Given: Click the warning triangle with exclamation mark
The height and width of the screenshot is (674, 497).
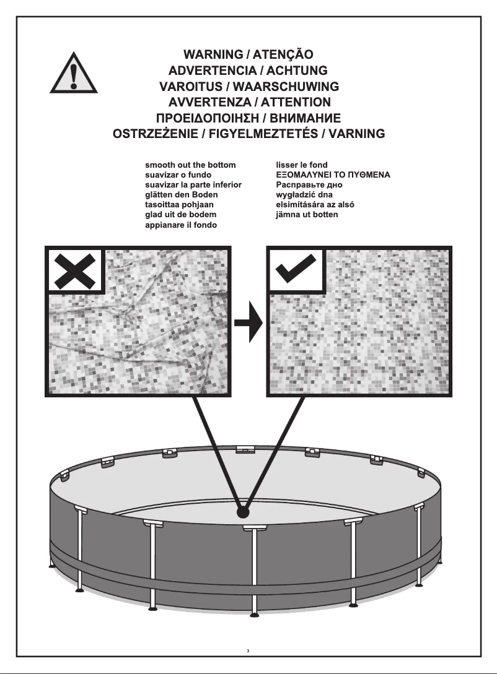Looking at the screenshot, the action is coord(74,74).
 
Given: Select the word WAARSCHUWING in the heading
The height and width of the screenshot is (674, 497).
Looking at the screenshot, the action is coord(286,87).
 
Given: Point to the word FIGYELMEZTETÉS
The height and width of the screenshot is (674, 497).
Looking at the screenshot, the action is coord(263,134).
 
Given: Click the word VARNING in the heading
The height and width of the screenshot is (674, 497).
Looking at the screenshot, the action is coord(357,134).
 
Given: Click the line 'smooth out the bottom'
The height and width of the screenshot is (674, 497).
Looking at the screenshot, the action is coord(190,165).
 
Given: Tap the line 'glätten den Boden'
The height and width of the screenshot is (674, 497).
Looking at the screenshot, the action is coord(181,195).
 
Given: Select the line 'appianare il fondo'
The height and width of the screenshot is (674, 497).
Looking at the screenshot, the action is coord(181,225).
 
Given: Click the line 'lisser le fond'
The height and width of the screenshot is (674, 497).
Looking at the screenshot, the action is coord(302,165).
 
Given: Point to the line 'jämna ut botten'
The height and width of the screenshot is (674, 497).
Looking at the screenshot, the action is coord(307,215).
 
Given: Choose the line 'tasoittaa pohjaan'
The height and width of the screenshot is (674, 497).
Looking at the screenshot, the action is coord(179,205).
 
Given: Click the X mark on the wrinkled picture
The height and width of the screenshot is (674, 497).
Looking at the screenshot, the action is coord(76,271).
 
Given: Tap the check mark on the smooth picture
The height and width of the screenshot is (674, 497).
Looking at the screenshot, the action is coord(296,269).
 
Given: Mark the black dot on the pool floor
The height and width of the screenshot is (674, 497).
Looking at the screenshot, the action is coord(243,512).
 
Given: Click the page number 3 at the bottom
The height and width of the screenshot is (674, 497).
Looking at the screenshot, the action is coord(248,650).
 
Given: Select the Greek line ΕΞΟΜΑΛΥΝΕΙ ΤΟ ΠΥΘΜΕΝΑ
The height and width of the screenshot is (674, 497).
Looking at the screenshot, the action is coord(333,175).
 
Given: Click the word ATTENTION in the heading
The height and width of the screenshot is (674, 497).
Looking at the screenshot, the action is coord(296,102).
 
